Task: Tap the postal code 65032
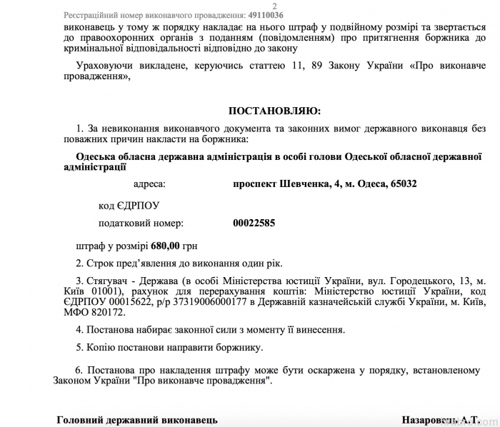[402, 184]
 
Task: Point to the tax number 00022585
[254, 223]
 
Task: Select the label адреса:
[149, 184]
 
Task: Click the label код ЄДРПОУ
[129, 206]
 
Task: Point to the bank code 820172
[106, 313]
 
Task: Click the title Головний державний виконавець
[137, 419]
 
